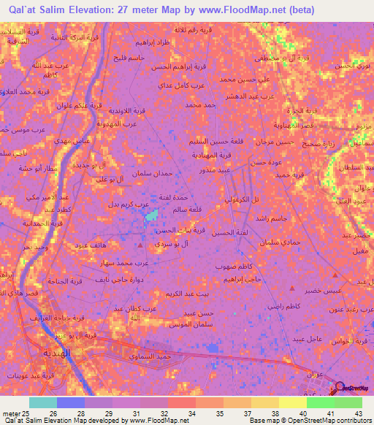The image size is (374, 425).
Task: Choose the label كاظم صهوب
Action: pos(234,267)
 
